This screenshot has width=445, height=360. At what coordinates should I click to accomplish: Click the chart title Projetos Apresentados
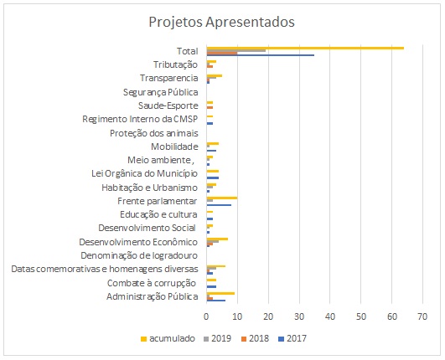pos(221,23)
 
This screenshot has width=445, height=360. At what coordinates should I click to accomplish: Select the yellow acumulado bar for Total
pos(305,48)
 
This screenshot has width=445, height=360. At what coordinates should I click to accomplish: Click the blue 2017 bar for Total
pos(261,55)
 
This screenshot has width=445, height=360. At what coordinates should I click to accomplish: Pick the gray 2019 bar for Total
pos(236,50)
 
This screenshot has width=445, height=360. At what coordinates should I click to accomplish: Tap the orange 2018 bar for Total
pos(222,53)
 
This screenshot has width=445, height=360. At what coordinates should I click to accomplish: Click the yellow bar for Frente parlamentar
pos(222,198)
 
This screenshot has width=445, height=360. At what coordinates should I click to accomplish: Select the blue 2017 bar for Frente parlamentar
pos(219,205)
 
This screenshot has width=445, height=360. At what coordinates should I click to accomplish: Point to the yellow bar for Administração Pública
pos(220,293)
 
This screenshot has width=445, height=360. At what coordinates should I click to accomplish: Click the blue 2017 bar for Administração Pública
pos(216,301)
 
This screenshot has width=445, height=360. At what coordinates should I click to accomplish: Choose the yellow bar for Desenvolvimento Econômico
pos(217,239)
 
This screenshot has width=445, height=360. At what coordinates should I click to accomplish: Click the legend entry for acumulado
pos(168,338)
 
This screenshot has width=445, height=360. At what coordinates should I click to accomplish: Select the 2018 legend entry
pos(255,338)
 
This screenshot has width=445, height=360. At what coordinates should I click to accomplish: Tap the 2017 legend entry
pos(292,338)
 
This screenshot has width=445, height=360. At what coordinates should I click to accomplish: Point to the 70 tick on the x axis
pos(422,316)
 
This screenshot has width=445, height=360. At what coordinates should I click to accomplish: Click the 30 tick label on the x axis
pos(299,316)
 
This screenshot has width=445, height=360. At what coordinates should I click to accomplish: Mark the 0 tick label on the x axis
pos(206,316)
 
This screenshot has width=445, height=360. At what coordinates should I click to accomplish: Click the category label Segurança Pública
pos(160,92)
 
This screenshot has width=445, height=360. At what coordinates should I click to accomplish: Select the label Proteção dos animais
pos(154,133)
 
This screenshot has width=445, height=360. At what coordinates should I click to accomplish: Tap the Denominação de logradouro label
pos(139,255)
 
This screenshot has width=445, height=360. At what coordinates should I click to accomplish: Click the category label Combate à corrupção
pos(152,283)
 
